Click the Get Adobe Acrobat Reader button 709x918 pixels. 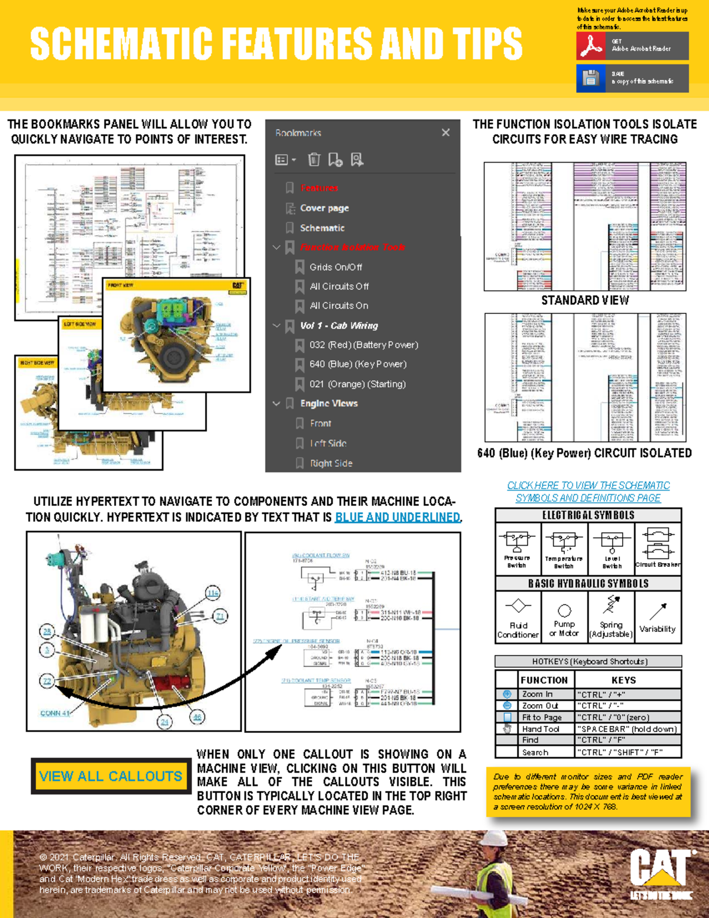632,46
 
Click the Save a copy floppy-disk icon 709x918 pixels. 590,78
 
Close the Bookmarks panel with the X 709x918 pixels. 445,132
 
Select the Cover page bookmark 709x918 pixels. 324,208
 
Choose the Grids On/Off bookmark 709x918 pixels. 336,267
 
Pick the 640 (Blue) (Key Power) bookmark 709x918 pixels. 357,364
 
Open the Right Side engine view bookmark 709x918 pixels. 331,463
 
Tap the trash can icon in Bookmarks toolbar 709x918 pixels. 314,160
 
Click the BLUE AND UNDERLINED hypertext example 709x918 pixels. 398,517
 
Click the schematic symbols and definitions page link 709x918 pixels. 588,492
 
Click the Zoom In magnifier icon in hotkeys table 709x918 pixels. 507,695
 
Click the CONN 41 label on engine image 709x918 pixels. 55,713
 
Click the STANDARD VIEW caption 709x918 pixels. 585,300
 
